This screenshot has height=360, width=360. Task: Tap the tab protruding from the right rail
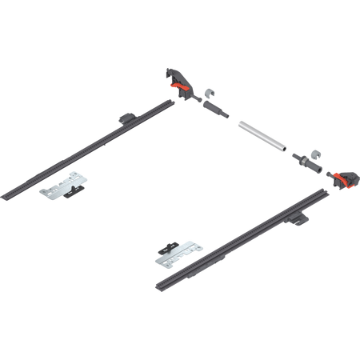[298, 219]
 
